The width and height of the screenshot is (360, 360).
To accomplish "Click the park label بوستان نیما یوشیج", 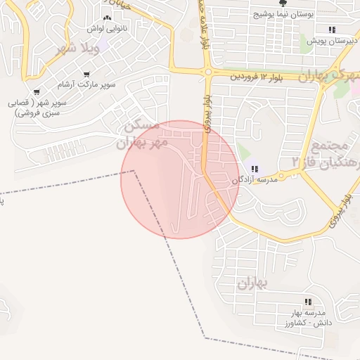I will [283, 14].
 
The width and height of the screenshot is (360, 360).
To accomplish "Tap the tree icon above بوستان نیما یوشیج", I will [283, 3].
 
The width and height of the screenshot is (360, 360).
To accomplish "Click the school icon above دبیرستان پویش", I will [331, 30].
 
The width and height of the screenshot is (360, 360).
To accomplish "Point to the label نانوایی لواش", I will [106, 29].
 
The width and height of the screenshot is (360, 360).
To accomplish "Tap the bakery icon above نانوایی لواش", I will [107, 18].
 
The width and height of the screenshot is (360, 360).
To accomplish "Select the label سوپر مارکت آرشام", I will [86, 84].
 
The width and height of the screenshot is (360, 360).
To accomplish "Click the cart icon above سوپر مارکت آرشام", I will [86, 74].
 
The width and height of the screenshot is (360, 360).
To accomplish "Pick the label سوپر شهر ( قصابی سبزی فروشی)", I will [37, 107].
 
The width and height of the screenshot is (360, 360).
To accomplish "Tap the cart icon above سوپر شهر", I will [37, 91].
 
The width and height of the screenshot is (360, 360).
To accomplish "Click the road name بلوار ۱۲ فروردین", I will [260, 74].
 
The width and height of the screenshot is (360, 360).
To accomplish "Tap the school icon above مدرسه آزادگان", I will [255, 169].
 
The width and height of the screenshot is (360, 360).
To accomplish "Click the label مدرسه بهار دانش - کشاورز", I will [308, 316].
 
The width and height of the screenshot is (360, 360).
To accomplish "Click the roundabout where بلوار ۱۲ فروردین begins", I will [208, 71].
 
